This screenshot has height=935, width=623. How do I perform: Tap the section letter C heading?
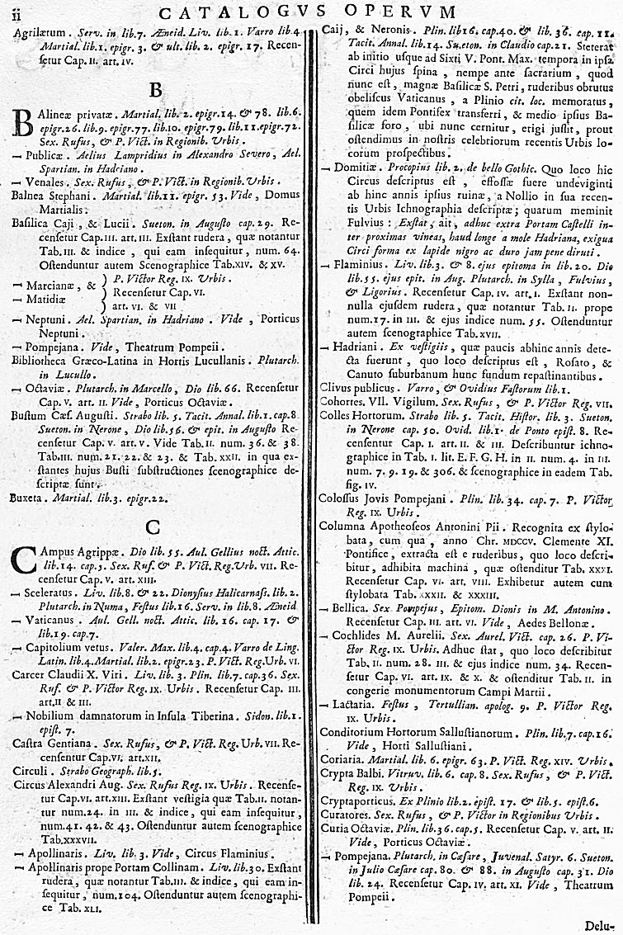coord(152,528)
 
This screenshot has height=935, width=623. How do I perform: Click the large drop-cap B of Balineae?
coord(22,125)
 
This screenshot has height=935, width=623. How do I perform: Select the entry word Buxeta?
coord(28,498)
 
